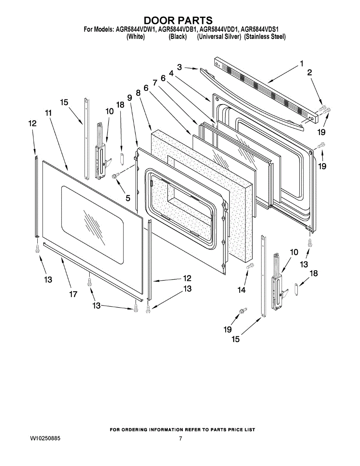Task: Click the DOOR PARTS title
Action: pos(178,20)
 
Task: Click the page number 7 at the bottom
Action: pos(181,439)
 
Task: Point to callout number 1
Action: pos(301,64)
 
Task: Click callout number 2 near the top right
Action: pos(310,73)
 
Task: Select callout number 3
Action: pos(179,67)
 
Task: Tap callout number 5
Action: pos(128,198)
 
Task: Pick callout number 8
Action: pos(138,93)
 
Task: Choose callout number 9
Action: pos(130,98)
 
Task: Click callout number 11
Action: pos(48,113)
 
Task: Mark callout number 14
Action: pos(242,290)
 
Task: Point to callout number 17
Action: pos(73,294)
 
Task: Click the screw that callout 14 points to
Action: pos(251,266)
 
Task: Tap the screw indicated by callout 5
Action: pos(115,177)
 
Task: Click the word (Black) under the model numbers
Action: pos(177,37)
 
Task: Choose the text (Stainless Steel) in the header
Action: pos(265,37)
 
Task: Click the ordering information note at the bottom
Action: pos(183,429)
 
